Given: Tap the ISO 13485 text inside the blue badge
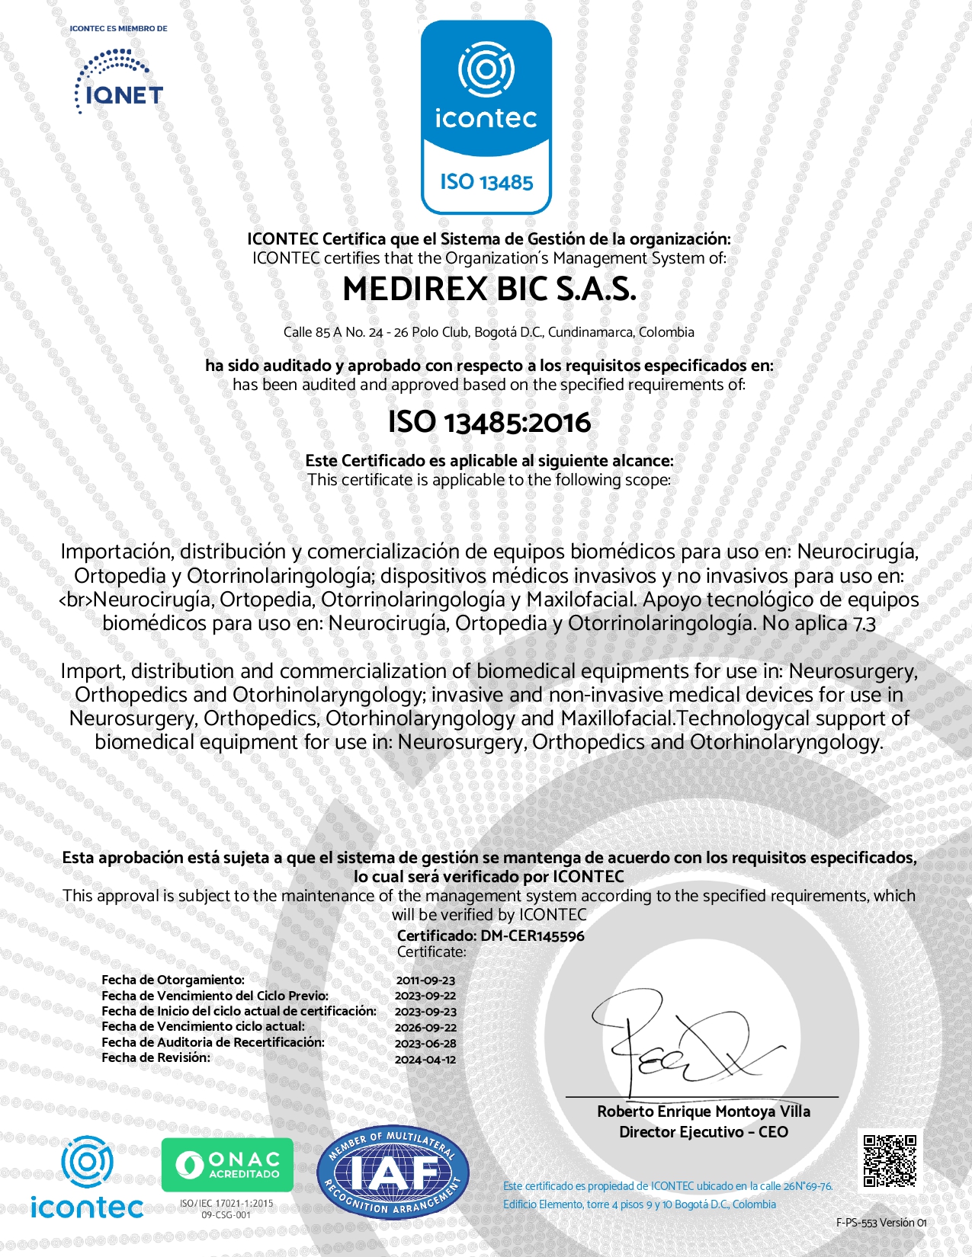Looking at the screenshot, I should [486, 182].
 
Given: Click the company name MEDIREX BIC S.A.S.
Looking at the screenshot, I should [489, 289].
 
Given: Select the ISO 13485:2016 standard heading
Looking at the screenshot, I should [489, 422].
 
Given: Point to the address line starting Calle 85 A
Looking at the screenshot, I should [489, 332].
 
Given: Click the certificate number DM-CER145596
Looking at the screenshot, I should [532, 936].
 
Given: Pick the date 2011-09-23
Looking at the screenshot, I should [425, 980].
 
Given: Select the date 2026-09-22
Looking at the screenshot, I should [425, 1027].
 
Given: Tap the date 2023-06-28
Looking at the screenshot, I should [425, 1043].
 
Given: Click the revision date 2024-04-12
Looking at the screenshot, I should [425, 1059].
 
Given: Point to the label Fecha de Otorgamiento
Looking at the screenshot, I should [173, 980].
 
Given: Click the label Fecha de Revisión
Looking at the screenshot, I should [156, 1057].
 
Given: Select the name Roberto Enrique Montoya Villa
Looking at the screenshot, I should [703, 1111].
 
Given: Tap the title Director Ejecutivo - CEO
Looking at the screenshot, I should [703, 1132].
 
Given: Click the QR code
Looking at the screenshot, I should [890, 1161].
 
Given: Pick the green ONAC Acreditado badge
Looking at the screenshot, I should [227, 1164].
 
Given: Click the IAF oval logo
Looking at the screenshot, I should [393, 1172].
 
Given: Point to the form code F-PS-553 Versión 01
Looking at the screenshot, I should [881, 1223].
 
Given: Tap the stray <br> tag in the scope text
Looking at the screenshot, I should [75, 600].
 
